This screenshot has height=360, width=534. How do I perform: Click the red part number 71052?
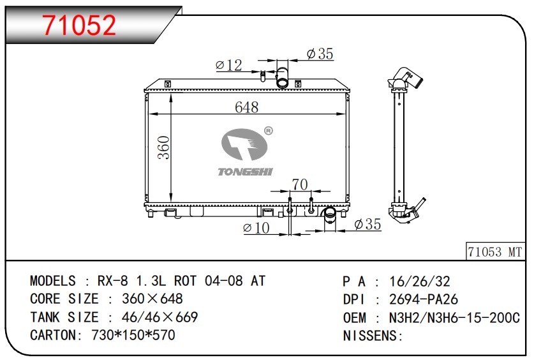79,25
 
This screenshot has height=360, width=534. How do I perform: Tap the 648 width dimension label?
246,107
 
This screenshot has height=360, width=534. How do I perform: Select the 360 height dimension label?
164,147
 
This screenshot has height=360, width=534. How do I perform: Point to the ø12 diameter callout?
229,65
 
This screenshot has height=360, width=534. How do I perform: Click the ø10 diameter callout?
256,227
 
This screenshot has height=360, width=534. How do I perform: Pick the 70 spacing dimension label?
300,184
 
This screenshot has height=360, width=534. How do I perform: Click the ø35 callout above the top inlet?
320,54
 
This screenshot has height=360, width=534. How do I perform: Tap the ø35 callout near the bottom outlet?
367,224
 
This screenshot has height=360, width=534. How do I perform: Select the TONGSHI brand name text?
245,172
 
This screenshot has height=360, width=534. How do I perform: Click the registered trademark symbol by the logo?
269,131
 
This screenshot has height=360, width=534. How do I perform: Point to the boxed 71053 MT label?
495,252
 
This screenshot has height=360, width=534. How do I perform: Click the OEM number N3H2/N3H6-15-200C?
455,318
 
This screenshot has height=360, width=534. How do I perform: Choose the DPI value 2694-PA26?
424,299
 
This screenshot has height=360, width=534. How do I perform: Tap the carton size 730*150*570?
133,335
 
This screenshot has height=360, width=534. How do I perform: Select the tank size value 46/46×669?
159,317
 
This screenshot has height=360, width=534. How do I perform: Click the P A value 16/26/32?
420,281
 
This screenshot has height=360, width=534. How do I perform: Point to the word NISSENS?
370,336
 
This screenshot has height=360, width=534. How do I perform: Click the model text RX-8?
113,281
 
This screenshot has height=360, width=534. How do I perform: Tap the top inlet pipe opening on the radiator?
282,83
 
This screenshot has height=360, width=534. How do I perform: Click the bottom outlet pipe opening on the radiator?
330,213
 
